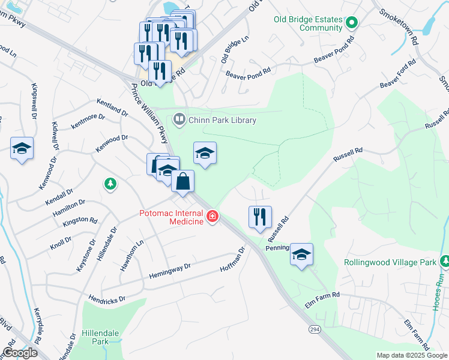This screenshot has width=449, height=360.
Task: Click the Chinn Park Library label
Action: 222,120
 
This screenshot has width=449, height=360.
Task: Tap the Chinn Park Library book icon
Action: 179,120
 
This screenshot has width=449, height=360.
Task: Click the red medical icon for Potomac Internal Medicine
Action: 212,217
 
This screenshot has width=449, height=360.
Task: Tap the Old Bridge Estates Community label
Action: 308,23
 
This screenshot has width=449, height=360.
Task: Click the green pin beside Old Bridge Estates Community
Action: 352,23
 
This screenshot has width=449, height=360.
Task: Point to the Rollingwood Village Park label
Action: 390,262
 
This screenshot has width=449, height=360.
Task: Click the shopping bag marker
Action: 183,181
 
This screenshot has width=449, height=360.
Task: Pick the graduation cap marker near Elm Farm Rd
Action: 301,254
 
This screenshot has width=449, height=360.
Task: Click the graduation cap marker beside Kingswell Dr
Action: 22,148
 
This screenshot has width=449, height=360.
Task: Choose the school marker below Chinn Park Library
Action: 205,154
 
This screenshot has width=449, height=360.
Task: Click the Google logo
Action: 20,352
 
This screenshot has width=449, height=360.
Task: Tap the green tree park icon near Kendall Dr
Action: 110,183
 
